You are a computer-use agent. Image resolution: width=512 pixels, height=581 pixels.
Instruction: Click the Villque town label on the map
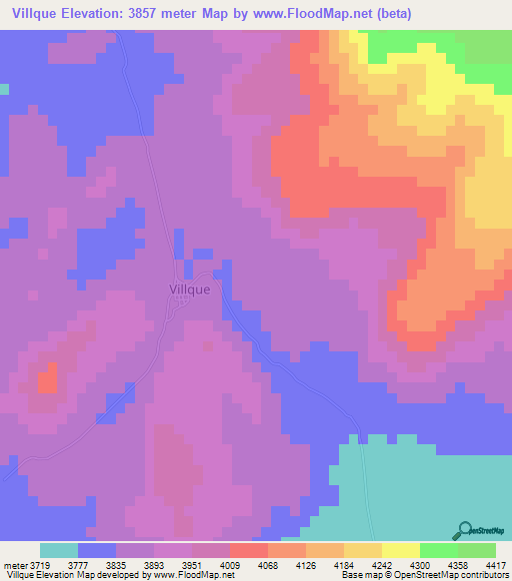pyautogui.click(x=184, y=290)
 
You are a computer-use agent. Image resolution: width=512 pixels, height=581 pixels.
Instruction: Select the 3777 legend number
pyautogui.click(x=93, y=564)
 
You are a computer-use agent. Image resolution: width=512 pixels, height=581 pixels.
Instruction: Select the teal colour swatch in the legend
pyautogui.click(x=59, y=550)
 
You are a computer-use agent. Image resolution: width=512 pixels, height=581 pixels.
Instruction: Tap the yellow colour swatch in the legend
pyautogui.click(x=400, y=550)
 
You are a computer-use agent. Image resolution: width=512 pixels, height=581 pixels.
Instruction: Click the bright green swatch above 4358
pyautogui.click(x=438, y=550)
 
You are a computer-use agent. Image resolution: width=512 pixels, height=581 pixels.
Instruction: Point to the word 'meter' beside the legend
pyautogui.click(x=15, y=564)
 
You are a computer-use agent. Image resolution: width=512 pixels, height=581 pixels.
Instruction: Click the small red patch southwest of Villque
pyautogui.click(x=46, y=379)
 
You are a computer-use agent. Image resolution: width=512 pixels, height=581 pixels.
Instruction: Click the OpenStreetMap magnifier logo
pyautogui.click(x=464, y=530)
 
